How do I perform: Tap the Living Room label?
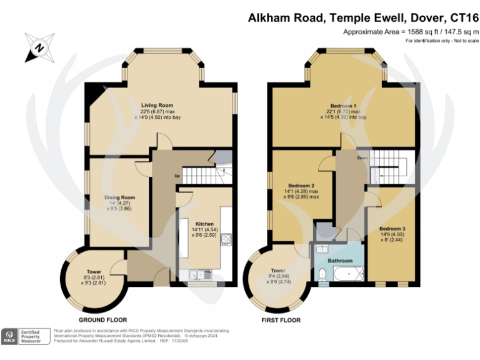156,105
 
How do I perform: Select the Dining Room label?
119,197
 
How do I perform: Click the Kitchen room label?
205,223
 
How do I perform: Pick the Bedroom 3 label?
392,228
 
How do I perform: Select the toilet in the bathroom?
321,274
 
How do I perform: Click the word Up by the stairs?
177,176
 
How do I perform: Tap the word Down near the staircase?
362,158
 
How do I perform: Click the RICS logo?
11,336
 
